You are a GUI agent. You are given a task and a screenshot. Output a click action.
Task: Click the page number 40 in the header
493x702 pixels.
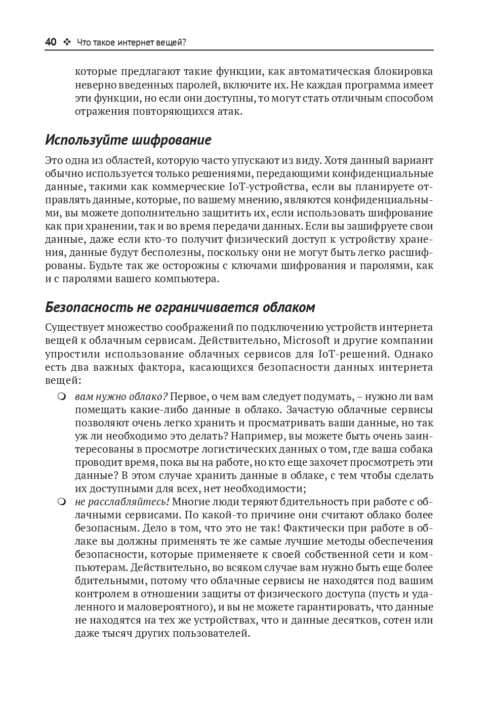[x=51, y=42]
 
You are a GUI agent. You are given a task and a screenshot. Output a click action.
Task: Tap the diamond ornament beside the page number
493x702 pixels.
[x=67, y=42]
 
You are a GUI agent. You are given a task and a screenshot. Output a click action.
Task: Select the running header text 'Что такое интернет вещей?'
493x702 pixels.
[x=132, y=43]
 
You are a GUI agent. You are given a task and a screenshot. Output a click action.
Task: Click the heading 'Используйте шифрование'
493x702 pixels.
[x=128, y=140]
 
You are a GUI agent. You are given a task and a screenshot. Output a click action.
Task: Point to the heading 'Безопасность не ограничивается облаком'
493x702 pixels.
[x=180, y=307]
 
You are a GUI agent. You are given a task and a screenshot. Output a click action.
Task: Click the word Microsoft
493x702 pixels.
[x=306, y=340]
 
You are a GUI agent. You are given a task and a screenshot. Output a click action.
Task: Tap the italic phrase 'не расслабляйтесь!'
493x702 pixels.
[x=122, y=502]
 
